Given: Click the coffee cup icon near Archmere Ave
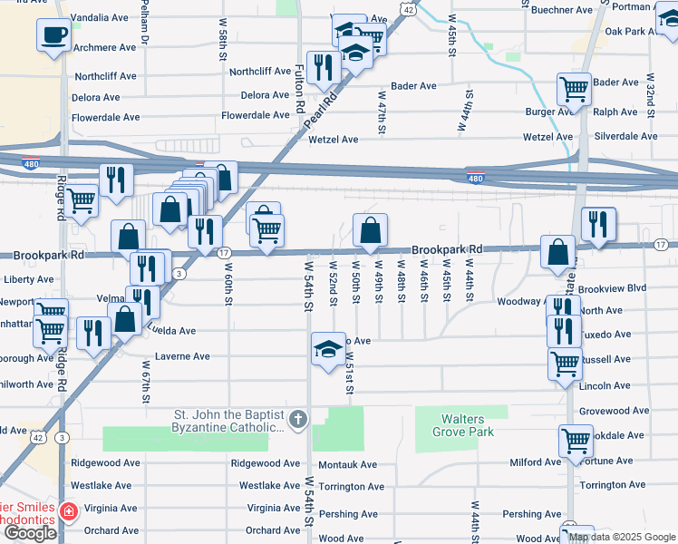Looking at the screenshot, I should click(x=53, y=36).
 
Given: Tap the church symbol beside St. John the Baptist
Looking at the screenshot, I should click(x=299, y=419).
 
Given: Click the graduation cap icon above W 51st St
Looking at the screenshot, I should click(x=327, y=349).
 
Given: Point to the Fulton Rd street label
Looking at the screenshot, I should click(x=300, y=88).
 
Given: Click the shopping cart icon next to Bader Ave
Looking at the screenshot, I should click(x=574, y=90).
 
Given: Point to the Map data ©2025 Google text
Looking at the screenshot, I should click(x=622, y=537).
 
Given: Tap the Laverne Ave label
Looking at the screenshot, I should click(x=182, y=356).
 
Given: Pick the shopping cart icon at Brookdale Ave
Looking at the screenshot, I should click(x=576, y=442).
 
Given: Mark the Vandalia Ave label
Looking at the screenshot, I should click(x=101, y=17).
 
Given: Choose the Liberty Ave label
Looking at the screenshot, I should click(x=29, y=279).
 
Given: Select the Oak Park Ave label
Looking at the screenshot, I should click(x=636, y=32).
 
